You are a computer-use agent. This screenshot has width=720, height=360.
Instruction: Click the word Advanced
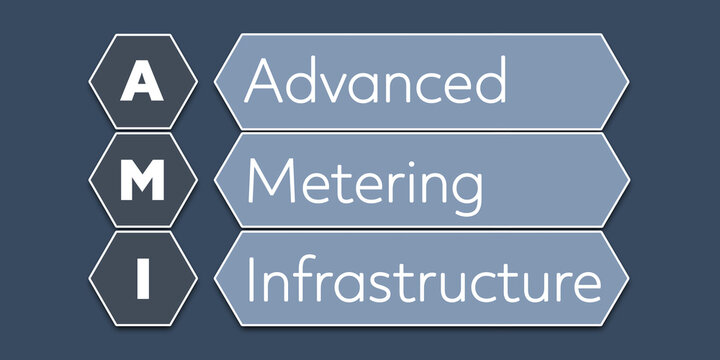tap(376, 81)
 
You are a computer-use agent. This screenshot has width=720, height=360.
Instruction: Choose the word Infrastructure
tap(423, 280)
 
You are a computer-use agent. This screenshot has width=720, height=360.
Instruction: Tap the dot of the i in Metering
tap(411, 160)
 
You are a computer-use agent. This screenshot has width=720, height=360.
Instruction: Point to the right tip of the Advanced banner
tap(628, 81)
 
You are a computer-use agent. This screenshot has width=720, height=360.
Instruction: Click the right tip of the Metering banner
tap(628, 180)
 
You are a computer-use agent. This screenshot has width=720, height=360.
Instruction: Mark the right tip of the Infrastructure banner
tap(628, 279)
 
